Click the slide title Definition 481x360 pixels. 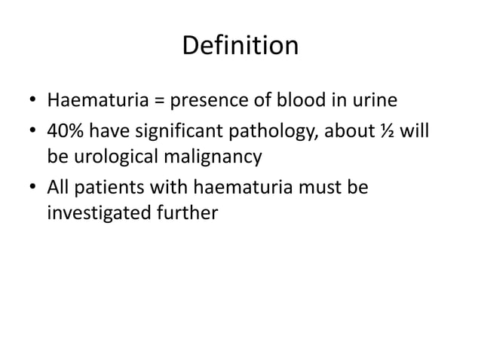tap(240, 46)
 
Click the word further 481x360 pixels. tap(188, 213)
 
